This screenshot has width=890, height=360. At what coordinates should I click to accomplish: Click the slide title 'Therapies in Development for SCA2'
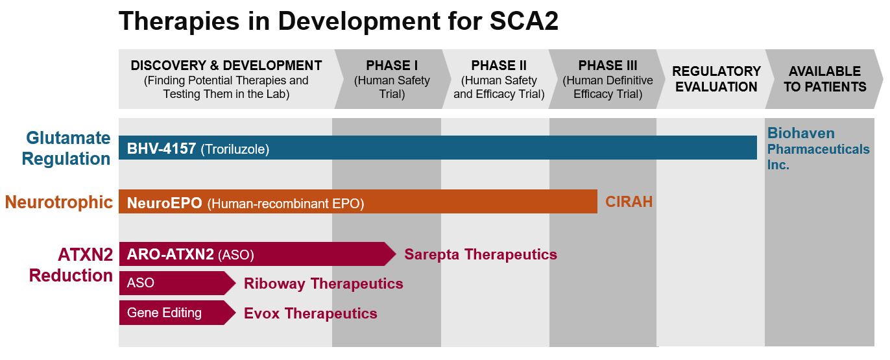(338, 21)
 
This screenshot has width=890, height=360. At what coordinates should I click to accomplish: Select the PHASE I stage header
(392, 79)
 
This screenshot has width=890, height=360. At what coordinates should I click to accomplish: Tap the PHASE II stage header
(499, 79)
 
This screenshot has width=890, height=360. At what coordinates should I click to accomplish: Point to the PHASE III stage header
(608, 79)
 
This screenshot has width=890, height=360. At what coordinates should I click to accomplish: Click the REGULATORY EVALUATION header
(716, 79)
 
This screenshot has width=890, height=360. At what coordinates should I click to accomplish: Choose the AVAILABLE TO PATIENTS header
(824, 79)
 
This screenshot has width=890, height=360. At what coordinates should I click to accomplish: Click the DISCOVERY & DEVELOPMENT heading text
(226, 66)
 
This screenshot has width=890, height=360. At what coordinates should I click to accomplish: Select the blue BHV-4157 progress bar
(437, 148)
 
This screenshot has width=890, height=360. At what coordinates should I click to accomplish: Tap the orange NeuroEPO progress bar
(357, 202)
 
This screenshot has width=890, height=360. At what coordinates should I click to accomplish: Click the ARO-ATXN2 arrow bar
(256, 254)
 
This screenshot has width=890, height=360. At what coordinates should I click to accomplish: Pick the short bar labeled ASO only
(176, 283)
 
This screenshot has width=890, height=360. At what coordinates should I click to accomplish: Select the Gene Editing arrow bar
(176, 313)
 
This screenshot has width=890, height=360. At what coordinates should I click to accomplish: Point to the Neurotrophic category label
(59, 202)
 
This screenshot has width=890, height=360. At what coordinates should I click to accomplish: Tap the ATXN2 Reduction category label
(71, 265)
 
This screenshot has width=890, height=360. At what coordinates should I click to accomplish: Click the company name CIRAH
(629, 202)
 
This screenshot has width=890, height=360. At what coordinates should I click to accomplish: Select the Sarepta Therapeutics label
(480, 254)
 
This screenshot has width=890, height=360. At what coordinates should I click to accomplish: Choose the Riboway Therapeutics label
(323, 283)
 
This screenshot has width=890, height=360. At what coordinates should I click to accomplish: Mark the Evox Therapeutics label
(310, 313)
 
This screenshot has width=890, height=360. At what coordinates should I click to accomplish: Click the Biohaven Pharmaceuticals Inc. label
(818, 149)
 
